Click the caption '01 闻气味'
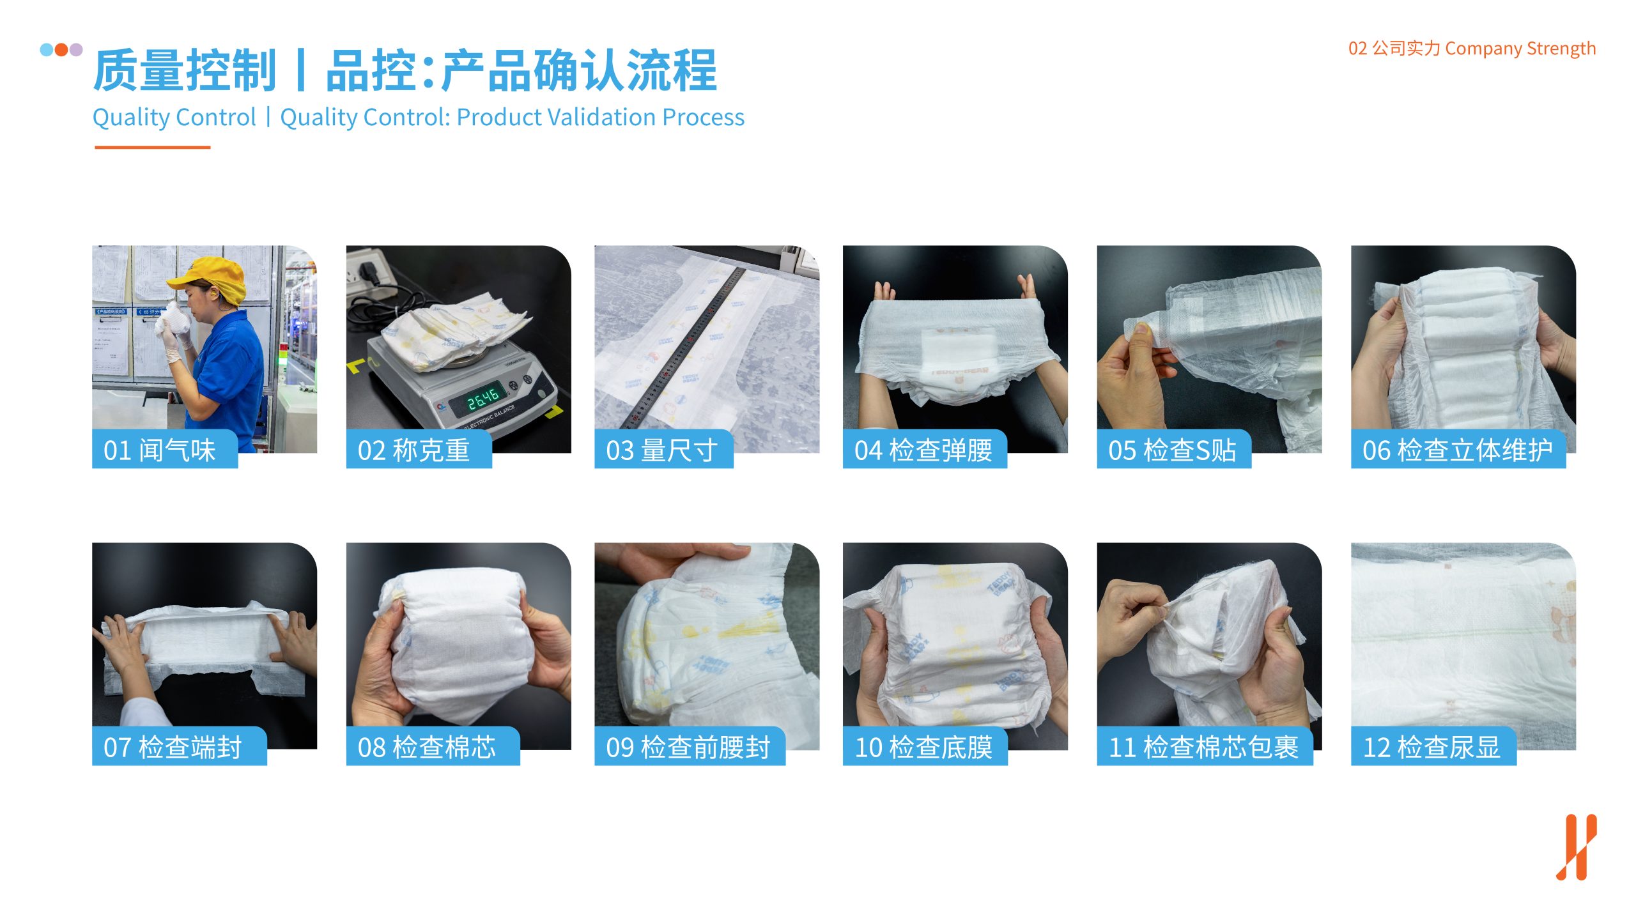point(159,450)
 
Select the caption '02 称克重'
point(413,450)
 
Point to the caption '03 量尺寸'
point(661,450)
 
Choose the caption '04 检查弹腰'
point(923,450)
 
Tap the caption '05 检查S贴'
point(1172,450)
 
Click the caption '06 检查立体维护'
point(1457,450)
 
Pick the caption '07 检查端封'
point(173,747)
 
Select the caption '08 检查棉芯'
point(426,747)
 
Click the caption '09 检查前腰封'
point(688,747)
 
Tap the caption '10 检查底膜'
point(923,747)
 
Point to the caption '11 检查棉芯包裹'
point(1204,747)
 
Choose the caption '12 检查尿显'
point(1431,747)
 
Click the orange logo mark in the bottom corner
point(1577,847)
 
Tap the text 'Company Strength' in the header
point(1520,49)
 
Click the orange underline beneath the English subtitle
point(152,147)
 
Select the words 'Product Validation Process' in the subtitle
point(601,117)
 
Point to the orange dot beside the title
point(61,49)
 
